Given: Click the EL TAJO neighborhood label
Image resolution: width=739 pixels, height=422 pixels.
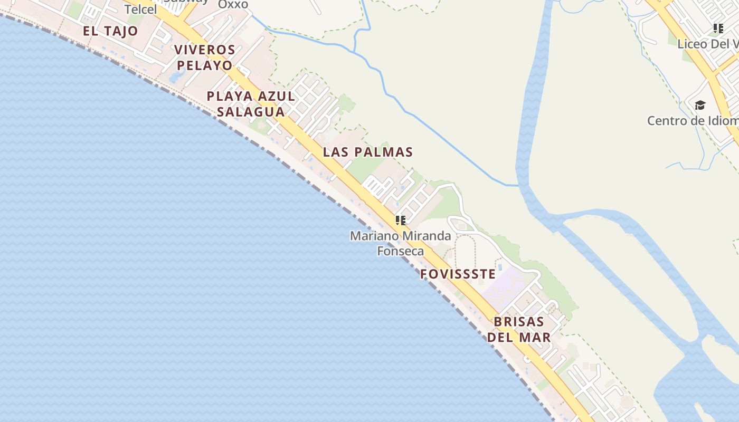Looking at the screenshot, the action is (x=110, y=31).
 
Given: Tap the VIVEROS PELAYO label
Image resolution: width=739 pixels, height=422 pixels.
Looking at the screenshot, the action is (x=204, y=57).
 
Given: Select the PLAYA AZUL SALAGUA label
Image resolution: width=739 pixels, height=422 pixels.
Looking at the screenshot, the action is (x=251, y=104).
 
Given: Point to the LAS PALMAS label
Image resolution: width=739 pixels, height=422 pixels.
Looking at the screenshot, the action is (x=368, y=152).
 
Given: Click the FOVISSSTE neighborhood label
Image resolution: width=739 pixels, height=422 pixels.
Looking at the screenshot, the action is (x=458, y=274).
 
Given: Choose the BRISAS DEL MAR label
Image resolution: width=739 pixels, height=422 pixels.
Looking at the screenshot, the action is (x=519, y=329).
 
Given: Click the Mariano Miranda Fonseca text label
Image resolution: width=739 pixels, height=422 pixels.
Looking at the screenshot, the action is (x=401, y=243).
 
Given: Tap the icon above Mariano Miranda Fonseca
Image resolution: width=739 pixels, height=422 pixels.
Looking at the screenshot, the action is (x=401, y=220).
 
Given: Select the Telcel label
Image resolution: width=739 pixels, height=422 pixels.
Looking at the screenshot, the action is (x=141, y=9).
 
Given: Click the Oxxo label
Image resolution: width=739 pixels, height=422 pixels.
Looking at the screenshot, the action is (x=233, y=4).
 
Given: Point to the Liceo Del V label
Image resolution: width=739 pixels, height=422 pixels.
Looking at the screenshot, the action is (x=708, y=44).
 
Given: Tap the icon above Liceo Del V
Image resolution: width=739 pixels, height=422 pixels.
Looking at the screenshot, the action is (x=718, y=28).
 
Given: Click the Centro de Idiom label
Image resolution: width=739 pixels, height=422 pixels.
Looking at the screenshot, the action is (x=693, y=121).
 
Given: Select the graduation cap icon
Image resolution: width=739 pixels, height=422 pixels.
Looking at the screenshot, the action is (x=700, y=105).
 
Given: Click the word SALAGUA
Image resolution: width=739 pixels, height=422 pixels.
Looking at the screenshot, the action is (x=251, y=112).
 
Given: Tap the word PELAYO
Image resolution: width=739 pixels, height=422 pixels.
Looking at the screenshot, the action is (x=204, y=65).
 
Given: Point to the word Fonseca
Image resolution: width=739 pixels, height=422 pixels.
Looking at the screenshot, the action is (x=401, y=251).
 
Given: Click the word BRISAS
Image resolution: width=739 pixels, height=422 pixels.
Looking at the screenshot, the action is (x=519, y=321).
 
